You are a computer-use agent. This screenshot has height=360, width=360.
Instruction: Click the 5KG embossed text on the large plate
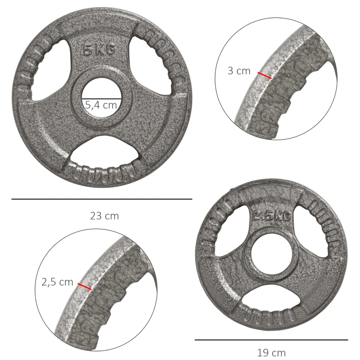[x=99, y=50]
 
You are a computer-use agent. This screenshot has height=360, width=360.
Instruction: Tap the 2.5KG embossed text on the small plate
[x=271, y=216]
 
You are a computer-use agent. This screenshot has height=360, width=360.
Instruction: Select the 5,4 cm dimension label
[x=101, y=105]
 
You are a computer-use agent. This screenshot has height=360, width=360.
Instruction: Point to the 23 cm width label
[x=104, y=216]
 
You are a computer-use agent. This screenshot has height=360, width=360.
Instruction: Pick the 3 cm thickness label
[x=238, y=71]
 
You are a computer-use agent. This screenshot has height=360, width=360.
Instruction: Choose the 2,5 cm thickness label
[x=57, y=282]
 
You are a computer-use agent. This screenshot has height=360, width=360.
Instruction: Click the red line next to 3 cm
[x=265, y=75]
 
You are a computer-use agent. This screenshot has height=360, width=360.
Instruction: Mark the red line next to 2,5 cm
[x=84, y=287]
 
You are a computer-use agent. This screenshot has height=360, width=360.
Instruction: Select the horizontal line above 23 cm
[x=102, y=199]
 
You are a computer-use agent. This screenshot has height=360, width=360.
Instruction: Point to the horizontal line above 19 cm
[x=271, y=340]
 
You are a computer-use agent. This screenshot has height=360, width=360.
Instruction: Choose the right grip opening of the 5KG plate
[x=155, y=67]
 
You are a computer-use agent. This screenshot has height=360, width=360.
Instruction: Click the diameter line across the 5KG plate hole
[x=102, y=98]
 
